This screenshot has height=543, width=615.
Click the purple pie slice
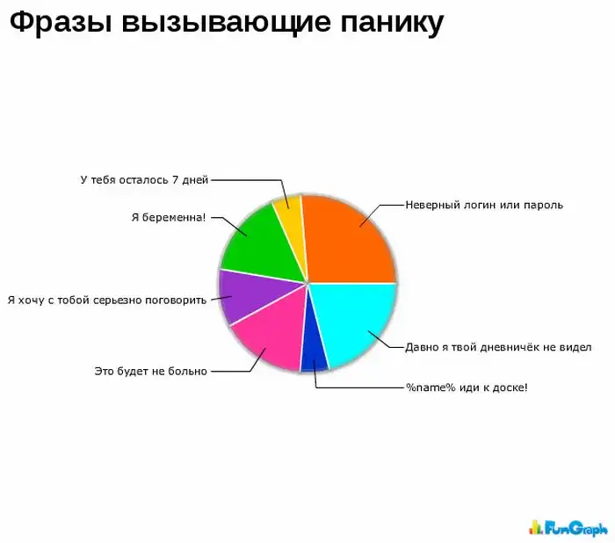point(245,296)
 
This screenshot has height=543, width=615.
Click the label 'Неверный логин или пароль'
point(483,205)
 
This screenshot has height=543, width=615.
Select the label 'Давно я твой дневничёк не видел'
point(497,347)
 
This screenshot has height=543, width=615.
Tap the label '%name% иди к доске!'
point(466,387)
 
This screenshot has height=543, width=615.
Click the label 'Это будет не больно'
point(150,371)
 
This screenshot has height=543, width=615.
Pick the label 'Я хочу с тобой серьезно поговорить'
point(106,300)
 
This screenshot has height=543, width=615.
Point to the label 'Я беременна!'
point(169,217)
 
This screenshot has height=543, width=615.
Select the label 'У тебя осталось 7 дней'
point(143,180)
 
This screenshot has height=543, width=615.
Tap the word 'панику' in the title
point(391,24)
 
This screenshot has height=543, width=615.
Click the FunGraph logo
point(568,527)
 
